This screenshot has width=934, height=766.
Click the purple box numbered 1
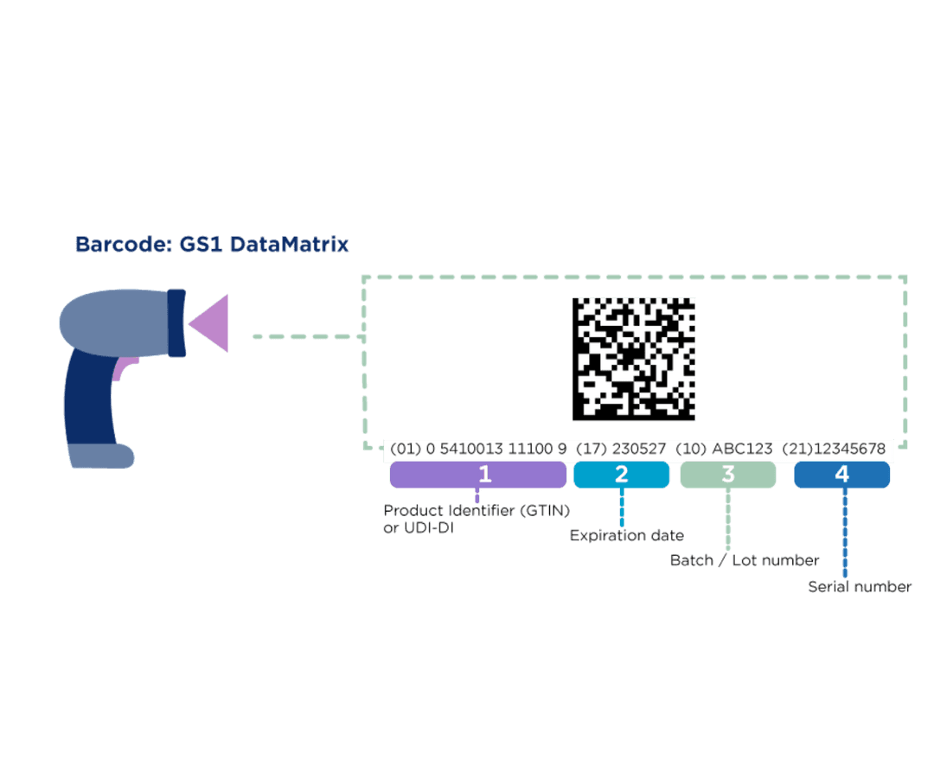click(478, 475)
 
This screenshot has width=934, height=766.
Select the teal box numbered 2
click(621, 475)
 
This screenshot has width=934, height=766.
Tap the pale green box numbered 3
click(727, 475)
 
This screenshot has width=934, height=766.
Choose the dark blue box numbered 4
click(841, 475)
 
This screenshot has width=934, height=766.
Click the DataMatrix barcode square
click(634, 359)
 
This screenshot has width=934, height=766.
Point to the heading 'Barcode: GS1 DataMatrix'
click(212, 245)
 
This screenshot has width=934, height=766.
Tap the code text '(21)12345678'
click(834, 450)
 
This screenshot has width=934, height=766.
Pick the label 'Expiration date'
click(626, 536)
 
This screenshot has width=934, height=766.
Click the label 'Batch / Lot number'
click(745, 560)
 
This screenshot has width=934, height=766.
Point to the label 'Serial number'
click(860, 587)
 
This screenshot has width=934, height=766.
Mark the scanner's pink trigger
click(121, 368)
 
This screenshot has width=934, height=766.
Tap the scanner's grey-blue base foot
click(100, 456)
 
